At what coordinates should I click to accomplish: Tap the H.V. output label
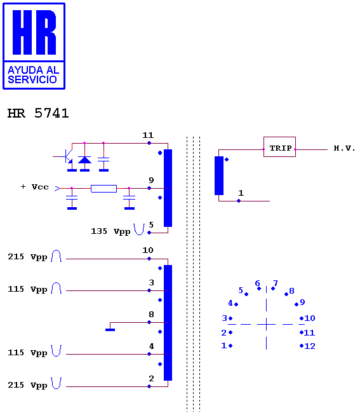[344, 148]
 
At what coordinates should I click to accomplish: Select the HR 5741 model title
[38, 113]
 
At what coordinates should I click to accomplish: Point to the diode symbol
[84, 160]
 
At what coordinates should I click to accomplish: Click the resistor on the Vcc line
[103, 189]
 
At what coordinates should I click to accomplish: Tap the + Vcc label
[35, 187]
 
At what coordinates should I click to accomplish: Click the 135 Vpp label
[110, 231]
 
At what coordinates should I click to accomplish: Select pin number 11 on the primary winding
[148, 135]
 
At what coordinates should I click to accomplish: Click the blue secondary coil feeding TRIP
[219, 176]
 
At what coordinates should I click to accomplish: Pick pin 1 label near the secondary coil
[241, 193]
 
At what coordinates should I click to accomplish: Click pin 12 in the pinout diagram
[310, 346]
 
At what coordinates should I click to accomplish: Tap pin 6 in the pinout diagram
[257, 283]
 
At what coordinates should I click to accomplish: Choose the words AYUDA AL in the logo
[33, 70]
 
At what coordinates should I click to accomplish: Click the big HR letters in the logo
[34, 32]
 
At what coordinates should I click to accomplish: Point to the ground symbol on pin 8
[110, 329]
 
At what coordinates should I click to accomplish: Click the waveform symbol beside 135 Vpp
[139, 229]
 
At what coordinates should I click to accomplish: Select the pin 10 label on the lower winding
[148, 250]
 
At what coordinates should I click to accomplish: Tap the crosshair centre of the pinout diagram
[267, 324]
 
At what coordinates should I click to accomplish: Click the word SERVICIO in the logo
[32, 79]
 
